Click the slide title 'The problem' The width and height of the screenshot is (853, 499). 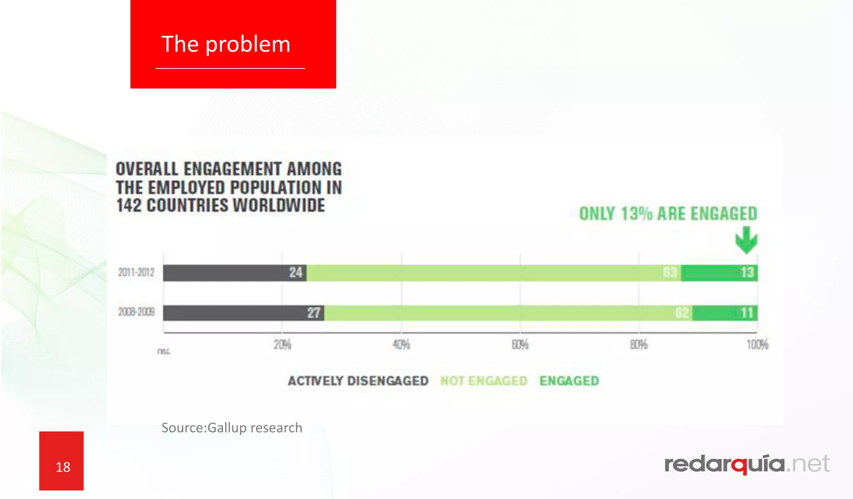point(226,44)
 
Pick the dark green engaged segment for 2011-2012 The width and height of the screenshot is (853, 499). point(719,273)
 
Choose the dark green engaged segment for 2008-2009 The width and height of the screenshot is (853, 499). point(725,313)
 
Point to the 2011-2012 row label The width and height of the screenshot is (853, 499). point(136,273)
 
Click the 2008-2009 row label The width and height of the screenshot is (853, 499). point(136,312)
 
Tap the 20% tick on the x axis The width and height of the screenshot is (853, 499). point(282,345)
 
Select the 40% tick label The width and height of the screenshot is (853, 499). point(402,345)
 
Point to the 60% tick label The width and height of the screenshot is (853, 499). point(520,345)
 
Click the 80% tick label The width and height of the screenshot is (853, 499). point(639,345)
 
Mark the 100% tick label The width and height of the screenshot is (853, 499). point(757,345)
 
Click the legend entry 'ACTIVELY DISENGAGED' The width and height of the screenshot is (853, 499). point(358,381)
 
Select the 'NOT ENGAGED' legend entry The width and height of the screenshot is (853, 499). point(484,381)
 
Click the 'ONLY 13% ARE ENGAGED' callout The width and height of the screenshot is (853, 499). point(668,214)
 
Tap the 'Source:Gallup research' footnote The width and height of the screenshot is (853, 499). point(232,428)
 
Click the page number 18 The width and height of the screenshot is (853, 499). point(63,467)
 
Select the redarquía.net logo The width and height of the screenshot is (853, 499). point(747,464)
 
